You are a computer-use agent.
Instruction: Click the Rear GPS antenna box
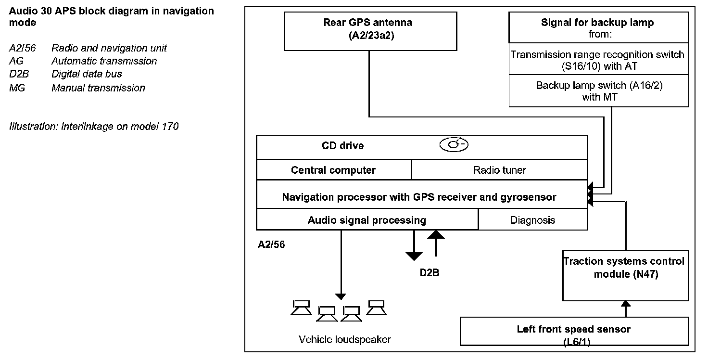(370, 31)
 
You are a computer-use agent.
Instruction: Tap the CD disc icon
(454, 145)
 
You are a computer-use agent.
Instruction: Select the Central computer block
(334, 170)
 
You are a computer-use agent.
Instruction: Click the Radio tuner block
(499, 170)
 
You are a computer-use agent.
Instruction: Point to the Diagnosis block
(533, 219)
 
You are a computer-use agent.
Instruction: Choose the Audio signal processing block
(367, 219)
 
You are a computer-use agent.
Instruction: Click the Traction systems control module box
(625, 276)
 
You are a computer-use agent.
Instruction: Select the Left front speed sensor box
(574, 331)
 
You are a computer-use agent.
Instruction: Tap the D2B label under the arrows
(430, 273)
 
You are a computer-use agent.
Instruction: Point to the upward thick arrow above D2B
(436, 243)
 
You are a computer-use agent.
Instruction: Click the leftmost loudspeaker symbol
(301, 308)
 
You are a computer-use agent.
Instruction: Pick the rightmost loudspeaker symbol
(377, 308)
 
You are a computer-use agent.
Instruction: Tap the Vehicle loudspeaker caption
(344, 339)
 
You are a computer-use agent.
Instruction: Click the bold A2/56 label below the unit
(271, 244)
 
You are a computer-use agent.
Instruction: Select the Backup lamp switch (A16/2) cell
(599, 91)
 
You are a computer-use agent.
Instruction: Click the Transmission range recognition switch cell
(599, 59)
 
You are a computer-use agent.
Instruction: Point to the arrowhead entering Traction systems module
(626, 304)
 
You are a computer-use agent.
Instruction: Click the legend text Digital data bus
(87, 74)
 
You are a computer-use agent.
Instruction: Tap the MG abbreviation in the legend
(17, 88)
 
